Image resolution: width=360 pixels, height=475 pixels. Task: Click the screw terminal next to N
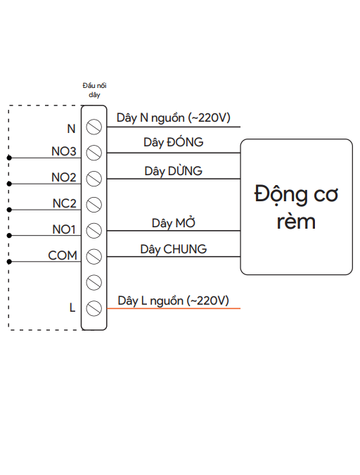pos(94,127)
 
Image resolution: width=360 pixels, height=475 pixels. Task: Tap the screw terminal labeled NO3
pos(94,153)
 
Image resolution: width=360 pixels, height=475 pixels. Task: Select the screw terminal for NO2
pos(94,179)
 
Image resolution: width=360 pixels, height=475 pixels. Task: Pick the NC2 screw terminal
pos(94,204)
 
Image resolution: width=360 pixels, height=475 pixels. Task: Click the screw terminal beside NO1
pos(94,230)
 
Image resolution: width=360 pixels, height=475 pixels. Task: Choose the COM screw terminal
pos(94,256)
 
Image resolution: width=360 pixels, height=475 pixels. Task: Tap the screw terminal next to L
pos(94,308)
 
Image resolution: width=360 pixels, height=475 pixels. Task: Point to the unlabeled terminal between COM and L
pos(94,282)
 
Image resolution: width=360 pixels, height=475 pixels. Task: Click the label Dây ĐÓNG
pos(173,142)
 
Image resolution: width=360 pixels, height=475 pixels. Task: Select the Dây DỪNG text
pos(173,171)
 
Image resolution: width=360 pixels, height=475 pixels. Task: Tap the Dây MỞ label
pos(173,223)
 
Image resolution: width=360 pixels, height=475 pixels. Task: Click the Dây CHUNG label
pos(173,249)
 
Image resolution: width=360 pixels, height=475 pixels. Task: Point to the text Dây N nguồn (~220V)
pos(174,118)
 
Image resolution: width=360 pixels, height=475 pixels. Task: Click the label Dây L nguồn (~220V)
pos(174,300)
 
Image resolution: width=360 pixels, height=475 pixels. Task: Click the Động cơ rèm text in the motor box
pos(296,207)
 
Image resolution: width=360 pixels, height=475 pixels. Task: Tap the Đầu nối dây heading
pos(94,89)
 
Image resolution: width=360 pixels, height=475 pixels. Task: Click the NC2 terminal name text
pos(64,203)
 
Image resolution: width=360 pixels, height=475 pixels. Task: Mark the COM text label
pos(63,255)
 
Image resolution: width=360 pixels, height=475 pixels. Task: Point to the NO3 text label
pos(63,152)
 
